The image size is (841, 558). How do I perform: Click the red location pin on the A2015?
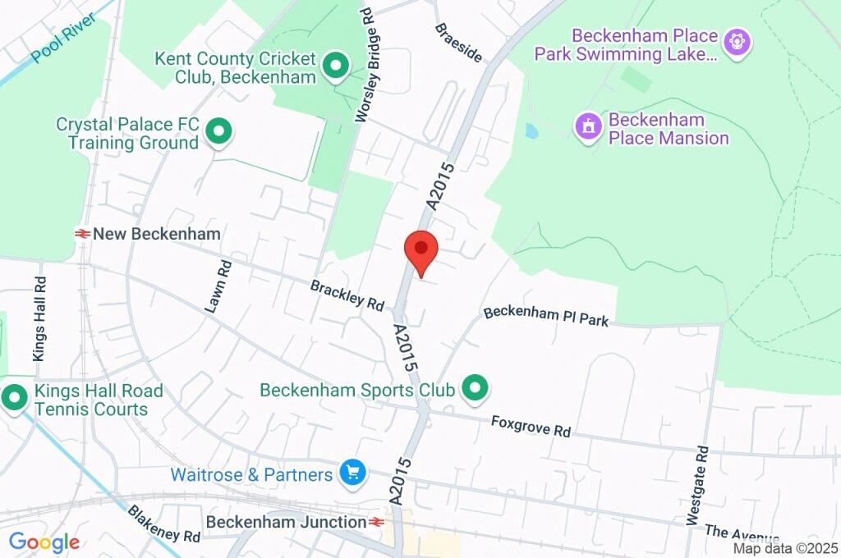421,249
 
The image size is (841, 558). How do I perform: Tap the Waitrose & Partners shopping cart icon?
353,473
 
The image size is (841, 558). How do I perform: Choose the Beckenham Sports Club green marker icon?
473,389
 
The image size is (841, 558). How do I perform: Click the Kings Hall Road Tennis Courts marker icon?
14,400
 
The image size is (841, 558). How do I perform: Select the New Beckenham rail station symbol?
82,234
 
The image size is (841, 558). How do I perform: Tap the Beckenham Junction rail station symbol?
377,522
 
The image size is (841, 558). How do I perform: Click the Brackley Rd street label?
347,295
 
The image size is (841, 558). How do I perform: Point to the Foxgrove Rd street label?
531,426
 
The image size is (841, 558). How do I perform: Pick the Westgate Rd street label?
696,486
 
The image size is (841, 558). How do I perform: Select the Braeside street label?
458,40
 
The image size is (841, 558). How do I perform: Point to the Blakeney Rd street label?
163,524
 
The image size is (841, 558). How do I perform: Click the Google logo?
44,542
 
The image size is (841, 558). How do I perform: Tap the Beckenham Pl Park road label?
546,316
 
